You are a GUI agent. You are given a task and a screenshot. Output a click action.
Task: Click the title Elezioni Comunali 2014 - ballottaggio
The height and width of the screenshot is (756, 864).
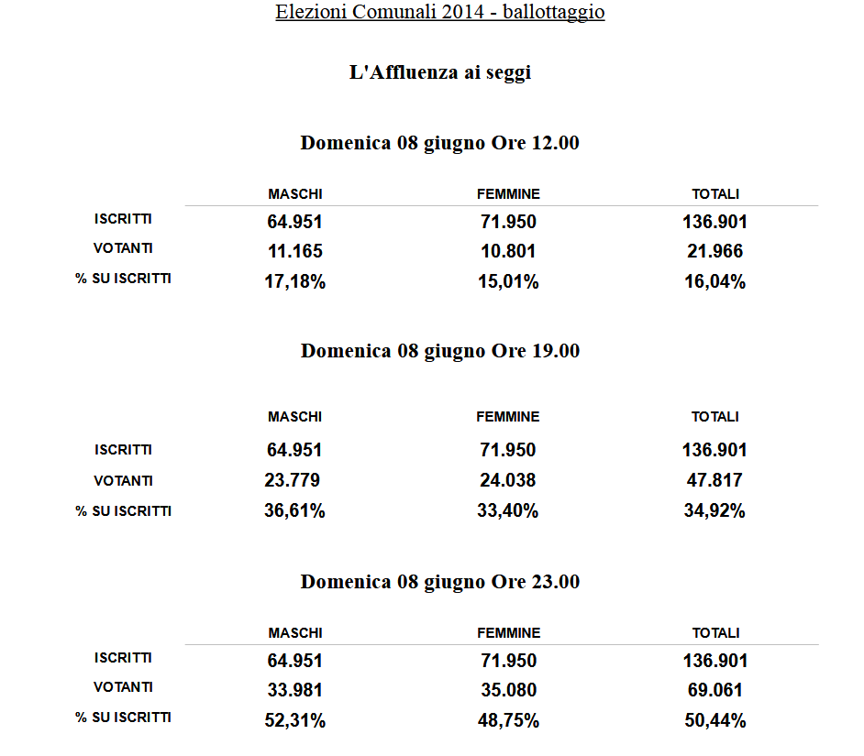click(x=440, y=13)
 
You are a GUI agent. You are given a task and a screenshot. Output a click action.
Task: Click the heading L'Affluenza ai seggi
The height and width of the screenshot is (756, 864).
click(x=440, y=73)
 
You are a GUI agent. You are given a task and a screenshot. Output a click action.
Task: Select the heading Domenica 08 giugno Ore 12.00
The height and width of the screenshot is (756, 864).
click(x=440, y=144)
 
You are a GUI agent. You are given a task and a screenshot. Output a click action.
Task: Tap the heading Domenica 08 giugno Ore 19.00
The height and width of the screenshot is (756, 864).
click(x=440, y=351)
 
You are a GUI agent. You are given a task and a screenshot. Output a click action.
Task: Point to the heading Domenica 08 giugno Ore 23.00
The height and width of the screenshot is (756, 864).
click(x=440, y=582)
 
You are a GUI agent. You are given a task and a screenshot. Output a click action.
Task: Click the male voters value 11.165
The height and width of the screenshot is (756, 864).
click(x=294, y=251)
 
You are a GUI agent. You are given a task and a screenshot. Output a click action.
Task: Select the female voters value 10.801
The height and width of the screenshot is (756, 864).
click(x=508, y=251)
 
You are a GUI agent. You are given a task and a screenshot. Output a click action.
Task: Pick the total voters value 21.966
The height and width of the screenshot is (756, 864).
click(x=714, y=251)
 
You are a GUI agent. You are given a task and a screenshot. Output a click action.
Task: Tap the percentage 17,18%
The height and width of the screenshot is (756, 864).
click(x=294, y=282)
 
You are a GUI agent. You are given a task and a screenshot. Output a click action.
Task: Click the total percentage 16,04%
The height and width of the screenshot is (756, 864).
click(x=714, y=282)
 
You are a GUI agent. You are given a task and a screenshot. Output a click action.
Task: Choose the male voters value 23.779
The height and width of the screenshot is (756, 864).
click(x=292, y=480)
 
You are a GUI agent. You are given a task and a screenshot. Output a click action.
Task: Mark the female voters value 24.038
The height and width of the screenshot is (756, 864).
click(x=508, y=480)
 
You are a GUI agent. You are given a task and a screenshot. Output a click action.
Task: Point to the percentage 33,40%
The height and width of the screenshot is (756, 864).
click(x=508, y=511)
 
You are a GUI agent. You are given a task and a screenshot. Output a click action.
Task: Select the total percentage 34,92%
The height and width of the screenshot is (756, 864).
click(x=714, y=511)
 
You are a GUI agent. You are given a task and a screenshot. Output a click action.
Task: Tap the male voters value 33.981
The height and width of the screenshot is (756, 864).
click(x=294, y=690)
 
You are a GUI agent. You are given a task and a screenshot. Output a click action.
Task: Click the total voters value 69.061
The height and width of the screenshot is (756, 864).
click(x=714, y=690)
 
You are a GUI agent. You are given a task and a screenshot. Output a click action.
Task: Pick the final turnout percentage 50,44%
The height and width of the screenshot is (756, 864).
click(x=714, y=721)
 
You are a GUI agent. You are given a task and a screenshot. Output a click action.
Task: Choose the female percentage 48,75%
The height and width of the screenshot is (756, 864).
click(x=508, y=721)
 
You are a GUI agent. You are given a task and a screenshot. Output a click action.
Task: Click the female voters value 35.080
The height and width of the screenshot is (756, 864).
click(x=508, y=690)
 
